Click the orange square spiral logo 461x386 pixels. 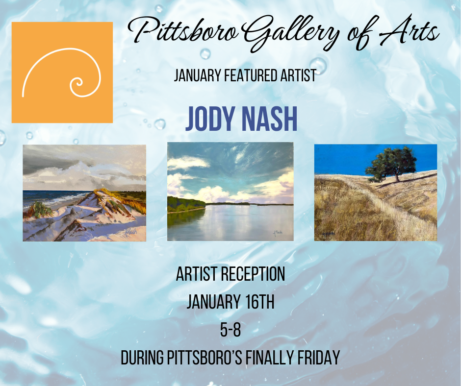(x=62, y=72)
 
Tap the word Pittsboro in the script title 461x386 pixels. (x=183, y=32)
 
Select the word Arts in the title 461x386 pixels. (x=409, y=31)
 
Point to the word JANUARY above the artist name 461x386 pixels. (x=197, y=75)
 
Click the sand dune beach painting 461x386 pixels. (x=84, y=193)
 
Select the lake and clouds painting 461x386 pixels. (x=230, y=192)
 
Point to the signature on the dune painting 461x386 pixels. (x=131, y=232)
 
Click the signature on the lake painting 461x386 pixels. (x=277, y=233)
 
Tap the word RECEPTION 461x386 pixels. (x=253, y=274)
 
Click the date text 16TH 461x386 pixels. (x=259, y=302)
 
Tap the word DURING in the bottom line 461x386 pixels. (x=142, y=358)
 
